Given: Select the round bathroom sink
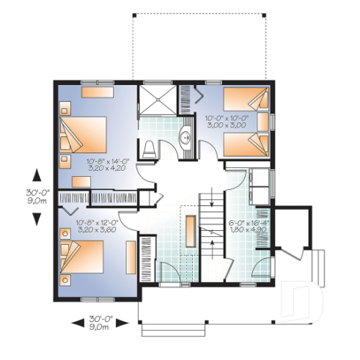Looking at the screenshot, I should tap(185, 137).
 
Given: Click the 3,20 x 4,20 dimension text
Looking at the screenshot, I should tap(102, 168).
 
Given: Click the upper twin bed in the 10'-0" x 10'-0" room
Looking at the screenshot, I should tap(246, 100).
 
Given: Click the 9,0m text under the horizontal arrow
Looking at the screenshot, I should tap(100, 327).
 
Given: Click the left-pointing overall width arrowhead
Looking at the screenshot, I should tap(74, 321).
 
